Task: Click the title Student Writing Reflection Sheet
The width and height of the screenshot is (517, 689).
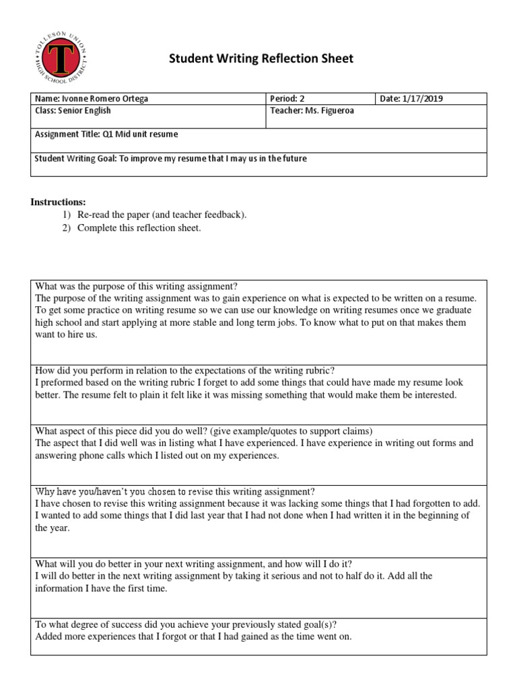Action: click(x=261, y=59)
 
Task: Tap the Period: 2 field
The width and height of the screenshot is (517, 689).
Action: click(x=291, y=99)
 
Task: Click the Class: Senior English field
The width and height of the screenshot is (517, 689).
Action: click(x=73, y=110)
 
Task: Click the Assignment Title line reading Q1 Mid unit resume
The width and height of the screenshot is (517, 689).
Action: click(x=106, y=134)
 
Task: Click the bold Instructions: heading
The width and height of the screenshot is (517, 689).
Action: click(x=59, y=202)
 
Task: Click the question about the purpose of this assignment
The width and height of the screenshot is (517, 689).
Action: click(x=137, y=286)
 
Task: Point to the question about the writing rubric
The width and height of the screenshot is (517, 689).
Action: click(x=184, y=370)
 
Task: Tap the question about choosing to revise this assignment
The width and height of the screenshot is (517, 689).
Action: click(x=174, y=491)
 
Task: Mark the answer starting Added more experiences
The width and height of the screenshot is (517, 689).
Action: click(x=193, y=637)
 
